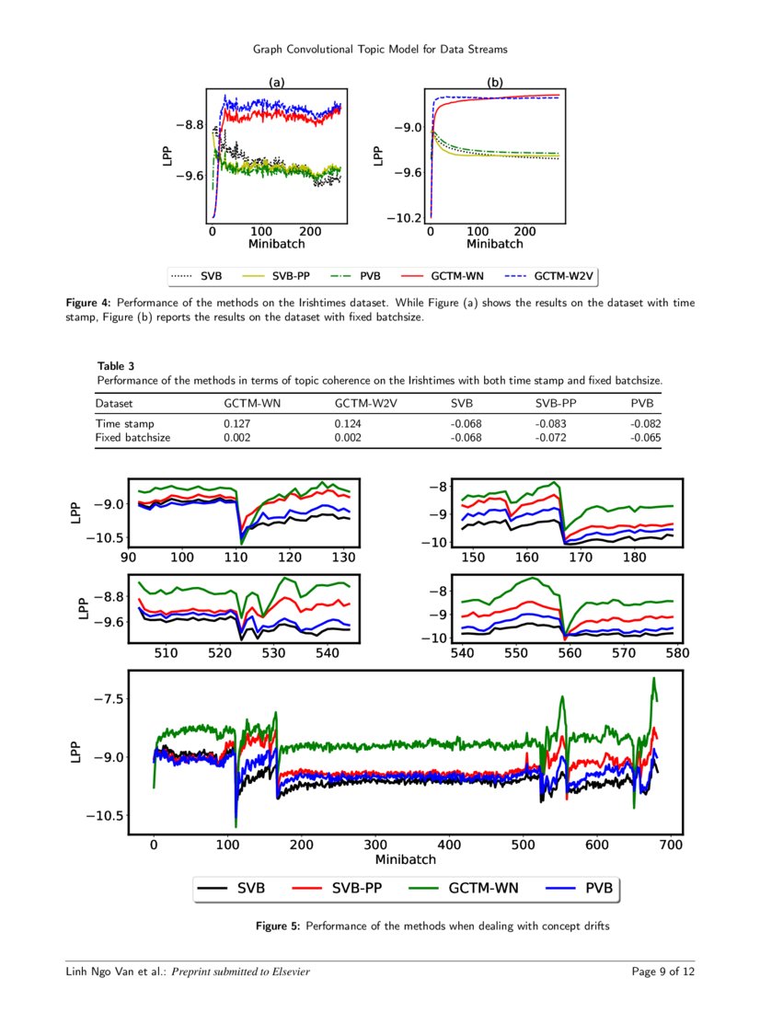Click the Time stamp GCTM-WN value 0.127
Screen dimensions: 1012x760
tap(237, 424)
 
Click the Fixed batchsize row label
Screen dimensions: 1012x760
tap(132, 438)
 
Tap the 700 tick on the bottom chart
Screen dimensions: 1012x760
tap(671, 844)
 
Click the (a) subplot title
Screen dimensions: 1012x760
tap(276, 82)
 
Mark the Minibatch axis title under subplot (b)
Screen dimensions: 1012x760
tap(494, 244)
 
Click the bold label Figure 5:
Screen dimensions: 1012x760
tap(277, 926)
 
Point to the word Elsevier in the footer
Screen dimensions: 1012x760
tap(286, 972)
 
